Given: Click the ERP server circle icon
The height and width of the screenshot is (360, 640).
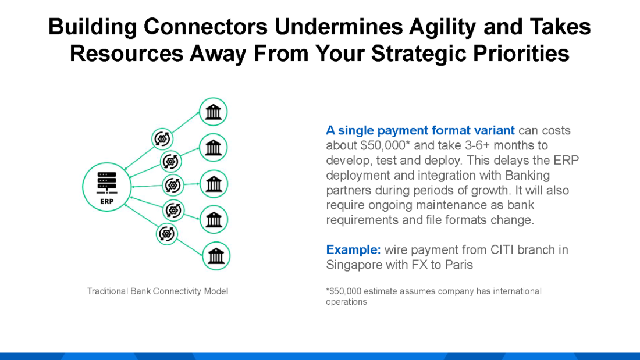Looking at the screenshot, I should tap(107, 186).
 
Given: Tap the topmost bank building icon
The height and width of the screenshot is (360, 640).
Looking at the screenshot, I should tap(214, 112).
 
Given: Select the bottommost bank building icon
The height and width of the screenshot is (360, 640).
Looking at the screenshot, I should tap(216, 256).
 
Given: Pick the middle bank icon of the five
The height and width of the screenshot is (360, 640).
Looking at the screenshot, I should tap(214, 184).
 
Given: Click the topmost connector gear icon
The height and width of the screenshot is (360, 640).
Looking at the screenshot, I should tap(162, 139).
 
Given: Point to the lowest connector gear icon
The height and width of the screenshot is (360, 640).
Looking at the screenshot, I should tap(167, 234).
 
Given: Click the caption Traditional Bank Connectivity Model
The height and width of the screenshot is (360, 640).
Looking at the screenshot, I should tap(158, 291).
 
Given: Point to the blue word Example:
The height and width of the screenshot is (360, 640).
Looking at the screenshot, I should tap(353, 249).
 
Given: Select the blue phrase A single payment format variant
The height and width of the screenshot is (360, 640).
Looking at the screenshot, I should tap(420, 130).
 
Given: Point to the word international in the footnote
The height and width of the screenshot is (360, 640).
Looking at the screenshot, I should tap(518, 291).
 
